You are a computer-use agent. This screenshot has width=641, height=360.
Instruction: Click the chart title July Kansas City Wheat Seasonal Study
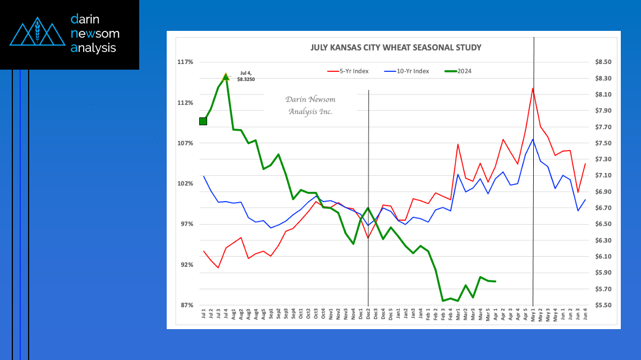click(x=396, y=48)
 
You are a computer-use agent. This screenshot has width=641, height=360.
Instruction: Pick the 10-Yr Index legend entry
click(x=409, y=71)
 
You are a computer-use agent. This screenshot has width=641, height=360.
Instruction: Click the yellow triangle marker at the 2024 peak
click(x=226, y=76)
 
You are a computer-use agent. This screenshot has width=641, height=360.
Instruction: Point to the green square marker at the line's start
click(x=203, y=121)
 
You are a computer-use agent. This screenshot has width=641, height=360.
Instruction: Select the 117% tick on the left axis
click(x=186, y=62)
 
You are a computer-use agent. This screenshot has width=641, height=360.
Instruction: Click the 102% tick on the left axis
click(x=186, y=184)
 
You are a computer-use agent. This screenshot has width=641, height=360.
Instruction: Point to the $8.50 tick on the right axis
click(x=603, y=62)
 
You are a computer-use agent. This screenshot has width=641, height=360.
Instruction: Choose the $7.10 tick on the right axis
click(x=603, y=175)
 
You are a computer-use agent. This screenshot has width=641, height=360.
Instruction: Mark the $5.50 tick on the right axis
click(x=603, y=305)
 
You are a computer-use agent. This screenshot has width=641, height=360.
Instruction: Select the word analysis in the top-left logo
click(x=93, y=48)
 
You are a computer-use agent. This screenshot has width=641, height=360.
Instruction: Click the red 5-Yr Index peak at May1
click(x=533, y=88)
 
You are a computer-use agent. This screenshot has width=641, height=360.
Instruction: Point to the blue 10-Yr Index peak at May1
click(x=533, y=139)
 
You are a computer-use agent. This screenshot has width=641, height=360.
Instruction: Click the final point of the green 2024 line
click(x=495, y=281)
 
